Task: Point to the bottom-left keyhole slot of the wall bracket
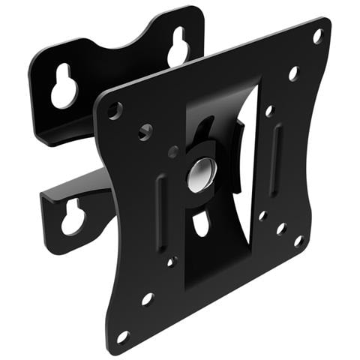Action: (73, 218)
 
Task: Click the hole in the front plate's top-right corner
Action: (317, 35)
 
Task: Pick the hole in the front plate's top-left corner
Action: (114, 110)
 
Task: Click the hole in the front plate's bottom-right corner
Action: (298, 241)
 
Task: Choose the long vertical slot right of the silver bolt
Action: (277, 149)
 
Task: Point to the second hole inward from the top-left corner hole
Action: (145, 133)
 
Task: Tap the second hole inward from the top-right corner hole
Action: (292, 73)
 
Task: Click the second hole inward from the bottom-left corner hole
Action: (148, 298)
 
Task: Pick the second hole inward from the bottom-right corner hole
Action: (280, 228)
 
